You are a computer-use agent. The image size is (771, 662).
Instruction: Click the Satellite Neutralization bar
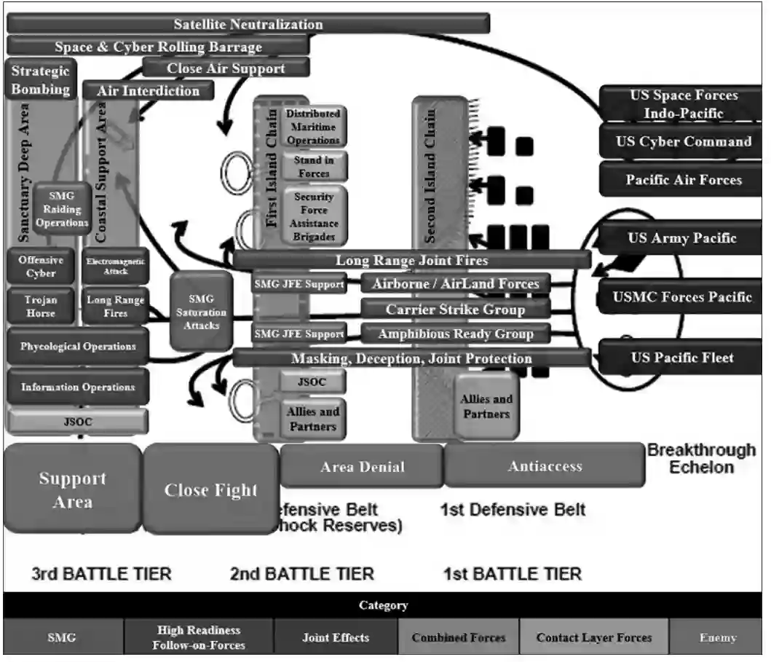[x=248, y=24]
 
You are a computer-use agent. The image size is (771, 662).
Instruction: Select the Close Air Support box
[x=226, y=68]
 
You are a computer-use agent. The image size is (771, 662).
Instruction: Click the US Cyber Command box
[x=683, y=142]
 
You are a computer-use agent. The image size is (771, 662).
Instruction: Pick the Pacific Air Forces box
[x=683, y=180]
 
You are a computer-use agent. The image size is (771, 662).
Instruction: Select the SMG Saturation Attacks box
[x=201, y=312]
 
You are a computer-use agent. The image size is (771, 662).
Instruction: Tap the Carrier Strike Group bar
[x=455, y=310]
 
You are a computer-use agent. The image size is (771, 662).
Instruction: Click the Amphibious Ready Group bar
[x=455, y=334]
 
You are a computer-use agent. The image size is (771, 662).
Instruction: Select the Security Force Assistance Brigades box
[x=314, y=216]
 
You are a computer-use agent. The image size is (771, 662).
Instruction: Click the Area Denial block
[x=362, y=467]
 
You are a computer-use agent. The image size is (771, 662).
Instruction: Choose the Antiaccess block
[x=544, y=467]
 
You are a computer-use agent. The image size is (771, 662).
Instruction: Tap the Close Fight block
[x=211, y=490]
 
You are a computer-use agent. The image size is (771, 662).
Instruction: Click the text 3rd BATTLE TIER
[x=101, y=574]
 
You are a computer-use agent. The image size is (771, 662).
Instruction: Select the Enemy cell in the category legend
[x=717, y=638]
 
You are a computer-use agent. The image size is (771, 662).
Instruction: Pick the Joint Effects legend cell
[x=336, y=638]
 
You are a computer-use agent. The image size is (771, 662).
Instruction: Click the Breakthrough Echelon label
[x=701, y=458]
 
